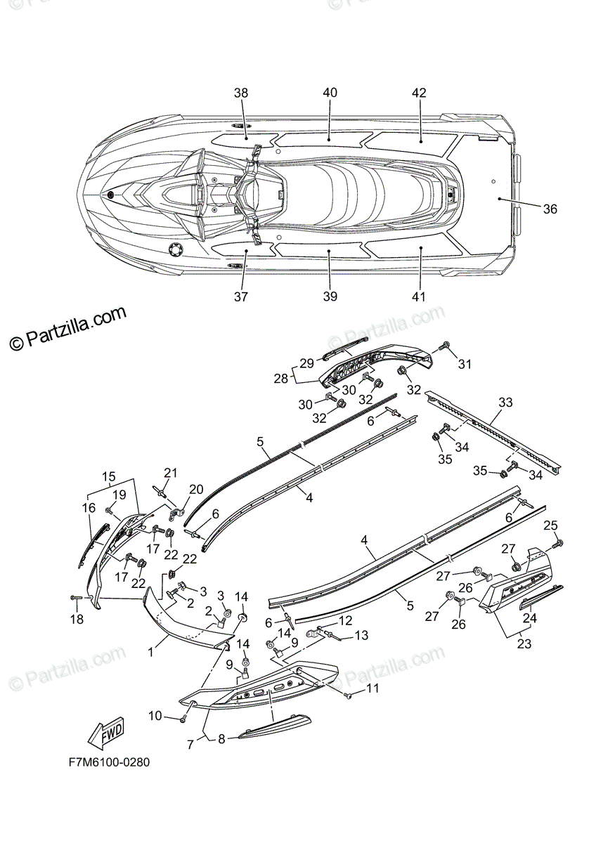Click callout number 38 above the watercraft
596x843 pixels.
pyautogui.click(x=241, y=93)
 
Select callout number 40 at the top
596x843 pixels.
pyautogui.click(x=330, y=93)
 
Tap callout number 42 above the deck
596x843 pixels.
pyautogui.click(x=419, y=93)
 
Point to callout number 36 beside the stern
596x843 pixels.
pyautogui.click(x=550, y=209)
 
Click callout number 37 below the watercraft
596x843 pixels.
pyautogui.click(x=241, y=296)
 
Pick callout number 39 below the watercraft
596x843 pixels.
pyautogui.click(x=330, y=296)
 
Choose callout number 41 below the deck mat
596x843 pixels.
pyautogui.click(x=419, y=296)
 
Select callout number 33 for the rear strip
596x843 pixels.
pyautogui.click(x=506, y=403)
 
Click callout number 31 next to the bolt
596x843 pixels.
pyautogui.click(x=465, y=364)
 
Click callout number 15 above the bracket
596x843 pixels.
pyautogui.click(x=110, y=476)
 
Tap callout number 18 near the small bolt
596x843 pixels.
pyautogui.click(x=76, y=619)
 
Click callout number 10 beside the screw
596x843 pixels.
pyautogui.click(x=155, y=716)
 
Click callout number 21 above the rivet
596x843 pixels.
pyautogui.click(x=171, y=471)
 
